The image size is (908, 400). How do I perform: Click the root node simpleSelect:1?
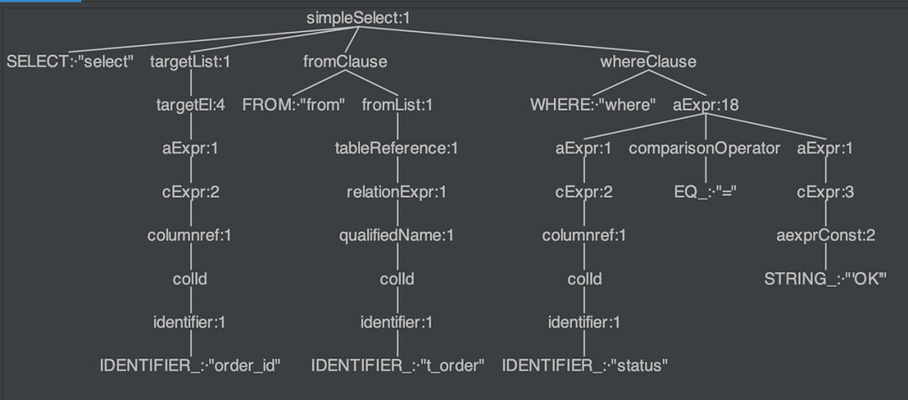tap(358, 18)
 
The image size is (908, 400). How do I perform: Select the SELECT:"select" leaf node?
tap(70, 62)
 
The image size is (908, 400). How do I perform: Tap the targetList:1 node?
tap(190, 62)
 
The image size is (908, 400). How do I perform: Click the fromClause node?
tap(345, 62)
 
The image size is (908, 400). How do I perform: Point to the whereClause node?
tap(648, 62)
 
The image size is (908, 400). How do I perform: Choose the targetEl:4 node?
tap(190, 105)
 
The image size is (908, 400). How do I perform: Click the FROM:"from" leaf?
tap(294, 105)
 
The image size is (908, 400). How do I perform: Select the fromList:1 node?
tap(397, 105)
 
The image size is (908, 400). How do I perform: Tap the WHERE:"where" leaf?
tap(592, 105)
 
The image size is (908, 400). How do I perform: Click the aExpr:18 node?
tap(706, 105)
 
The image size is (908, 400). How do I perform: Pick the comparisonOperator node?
tap(704, 148)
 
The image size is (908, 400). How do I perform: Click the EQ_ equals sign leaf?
tap(704, 192)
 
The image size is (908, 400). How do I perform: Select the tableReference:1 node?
tap(397, 148)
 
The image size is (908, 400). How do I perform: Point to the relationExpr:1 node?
tap(397, 192)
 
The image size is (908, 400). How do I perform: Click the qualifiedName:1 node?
tap(397, 235)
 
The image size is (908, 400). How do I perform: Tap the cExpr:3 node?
tap(825, 192)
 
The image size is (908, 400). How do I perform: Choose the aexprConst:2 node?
tap(825, 235)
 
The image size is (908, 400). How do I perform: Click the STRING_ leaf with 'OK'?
tap(825, 278)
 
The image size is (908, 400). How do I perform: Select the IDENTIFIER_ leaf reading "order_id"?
tap(190, 365)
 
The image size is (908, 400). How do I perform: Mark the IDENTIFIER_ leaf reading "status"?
tap(584, 365)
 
